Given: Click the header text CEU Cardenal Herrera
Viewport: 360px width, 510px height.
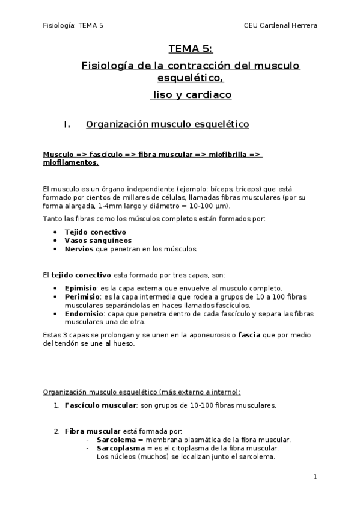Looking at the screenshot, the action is pos(281,25).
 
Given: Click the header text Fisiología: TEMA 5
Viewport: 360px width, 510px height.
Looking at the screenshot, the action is pos(73,25).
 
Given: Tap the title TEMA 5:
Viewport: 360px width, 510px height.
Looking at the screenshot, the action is pos(190,49).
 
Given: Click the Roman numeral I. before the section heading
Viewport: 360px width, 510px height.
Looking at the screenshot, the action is pos(67,125).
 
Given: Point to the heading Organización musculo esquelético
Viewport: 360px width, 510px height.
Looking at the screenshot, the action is pos(167,125).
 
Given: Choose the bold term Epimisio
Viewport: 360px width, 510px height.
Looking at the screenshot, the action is pos(81,288).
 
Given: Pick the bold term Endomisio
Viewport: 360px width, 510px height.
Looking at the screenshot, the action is pos(84,313).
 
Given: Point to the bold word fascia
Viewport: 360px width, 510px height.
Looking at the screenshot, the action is pos(249,335).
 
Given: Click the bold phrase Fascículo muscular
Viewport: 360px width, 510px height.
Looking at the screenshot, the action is pos(100,405).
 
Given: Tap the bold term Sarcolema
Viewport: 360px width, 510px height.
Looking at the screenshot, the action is pos(116,440).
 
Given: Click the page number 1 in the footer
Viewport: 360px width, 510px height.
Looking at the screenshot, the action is pos(315,478).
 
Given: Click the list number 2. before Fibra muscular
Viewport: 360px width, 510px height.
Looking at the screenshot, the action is pos(56,431).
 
